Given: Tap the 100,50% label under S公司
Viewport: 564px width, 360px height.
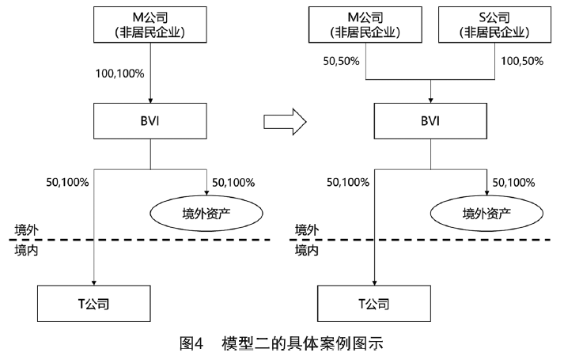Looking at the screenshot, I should tap(524, 60).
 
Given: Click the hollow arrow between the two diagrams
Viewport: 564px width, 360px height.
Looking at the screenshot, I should tap(283, 121).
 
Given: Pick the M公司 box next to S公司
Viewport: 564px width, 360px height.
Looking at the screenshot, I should tap(365, 25).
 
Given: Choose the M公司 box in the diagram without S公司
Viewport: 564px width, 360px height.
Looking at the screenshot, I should tap(150, 25).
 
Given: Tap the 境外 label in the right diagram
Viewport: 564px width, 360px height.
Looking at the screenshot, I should tap(307, 230).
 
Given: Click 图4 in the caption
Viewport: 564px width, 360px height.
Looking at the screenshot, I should tap(192, 343).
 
